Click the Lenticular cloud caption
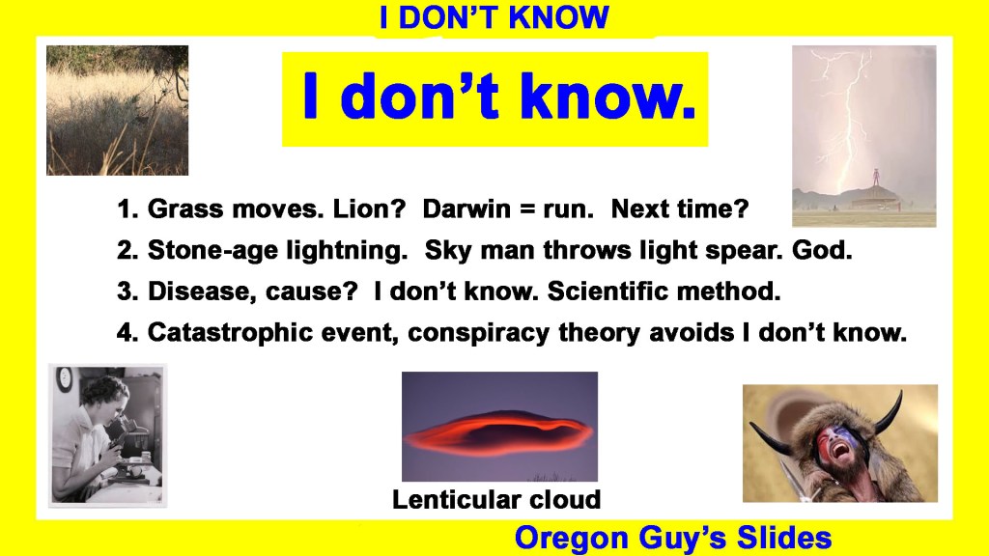496,499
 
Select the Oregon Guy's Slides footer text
673,538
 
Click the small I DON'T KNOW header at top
494,17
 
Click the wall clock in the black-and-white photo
65,380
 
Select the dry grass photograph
117,110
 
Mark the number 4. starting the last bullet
127,333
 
